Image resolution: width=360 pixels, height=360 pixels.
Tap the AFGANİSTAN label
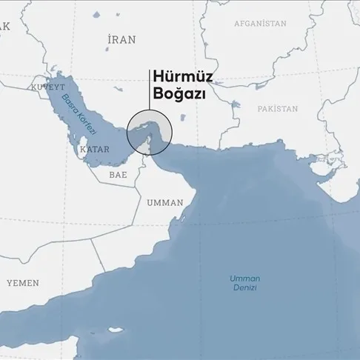coord(259,24)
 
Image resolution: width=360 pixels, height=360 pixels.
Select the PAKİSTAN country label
coord(278,109)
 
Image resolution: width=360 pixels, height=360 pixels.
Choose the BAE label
coord(118,176)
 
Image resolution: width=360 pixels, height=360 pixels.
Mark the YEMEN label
coord(23,283)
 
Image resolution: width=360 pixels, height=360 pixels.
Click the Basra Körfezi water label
coord(79,110)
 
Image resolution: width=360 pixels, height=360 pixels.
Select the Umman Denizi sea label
coord(245,282)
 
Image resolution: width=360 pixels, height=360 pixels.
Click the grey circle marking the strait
coord(150,133)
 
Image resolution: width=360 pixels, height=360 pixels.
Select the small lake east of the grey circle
coord(183,117)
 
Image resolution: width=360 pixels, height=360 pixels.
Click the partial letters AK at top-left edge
coord(6,26)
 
